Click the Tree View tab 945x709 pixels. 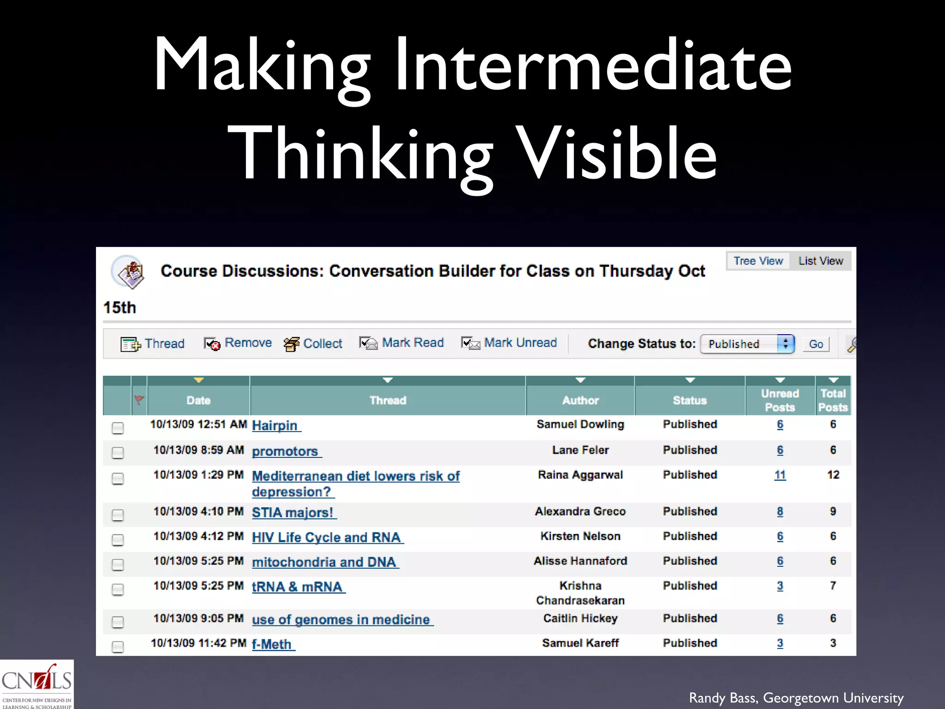tap(758, 261)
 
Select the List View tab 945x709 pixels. tap(820, 261)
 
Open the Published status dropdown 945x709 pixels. tap(747, 344)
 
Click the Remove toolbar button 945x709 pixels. tap(238, 343)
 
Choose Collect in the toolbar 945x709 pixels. tap(313, 344)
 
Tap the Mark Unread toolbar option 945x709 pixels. tap(509, 343)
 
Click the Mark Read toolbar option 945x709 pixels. tap(402, 343)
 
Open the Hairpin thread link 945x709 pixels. tap(275, 426)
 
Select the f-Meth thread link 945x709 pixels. tap(272, 644)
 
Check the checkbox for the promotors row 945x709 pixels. tap(118, 453)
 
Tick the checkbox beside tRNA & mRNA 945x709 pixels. tap(118, 589)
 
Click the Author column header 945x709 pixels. tap(580, 400)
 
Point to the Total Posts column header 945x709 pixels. tap(833, 400)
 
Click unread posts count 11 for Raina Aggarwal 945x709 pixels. tap(780, 475)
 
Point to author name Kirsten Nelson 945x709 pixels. tap(580, 536)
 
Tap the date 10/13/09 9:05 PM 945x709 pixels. tap(198, 619)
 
